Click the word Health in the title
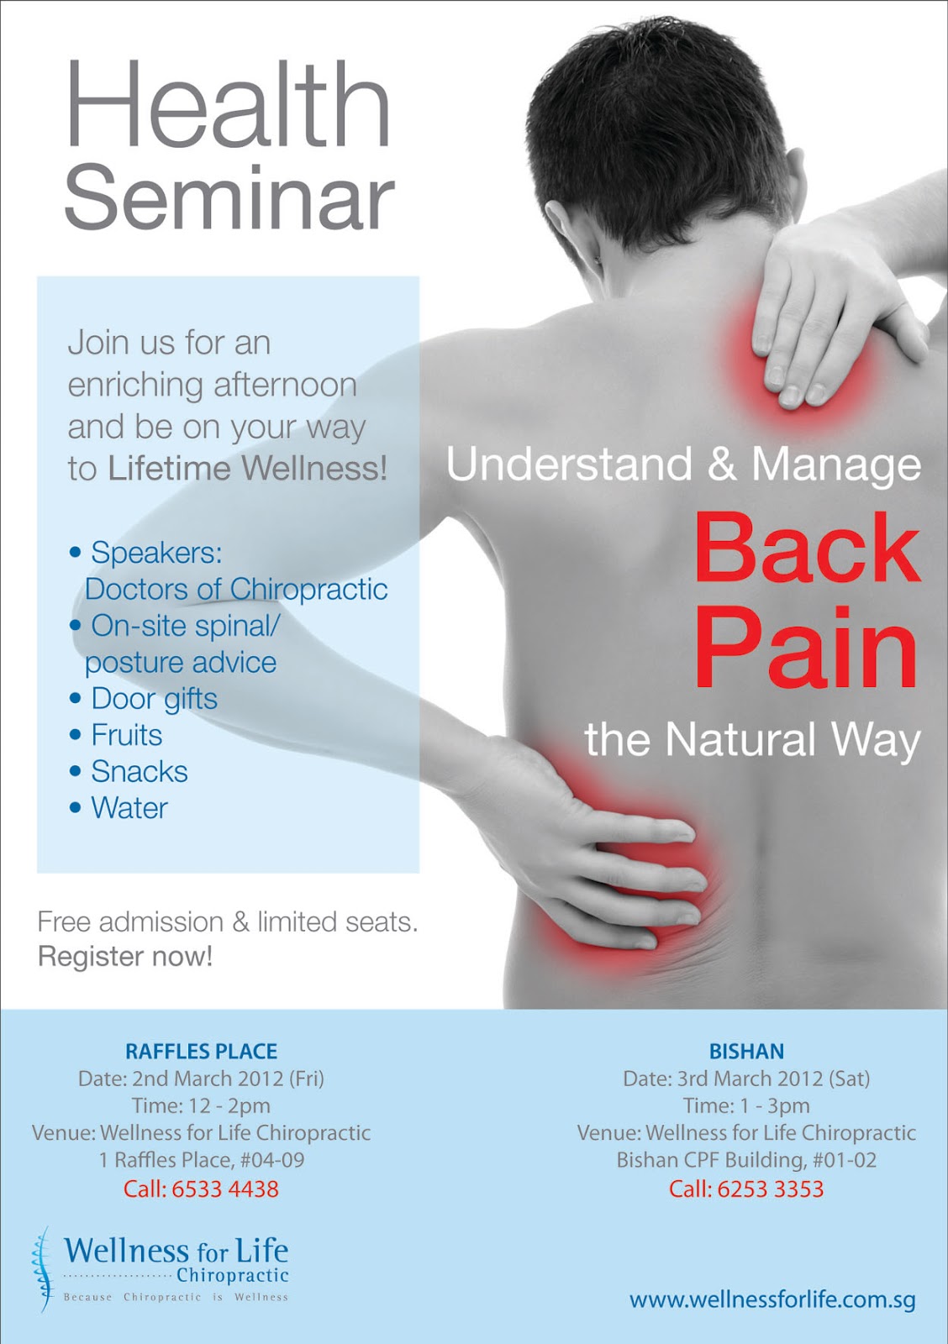pos(228,106)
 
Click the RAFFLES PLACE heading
pos(201,1052)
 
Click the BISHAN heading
pos(746,1052)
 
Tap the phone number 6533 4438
pos(225,1189)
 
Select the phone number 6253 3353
pos(771,1189)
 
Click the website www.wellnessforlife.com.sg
pos(772,1300)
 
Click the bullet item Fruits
pos(126,735)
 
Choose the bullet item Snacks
pos(139,771)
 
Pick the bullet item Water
pos(129,808)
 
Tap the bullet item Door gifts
pos(154,699)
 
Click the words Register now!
pos(125,956)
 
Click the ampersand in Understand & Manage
pos(721,465)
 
